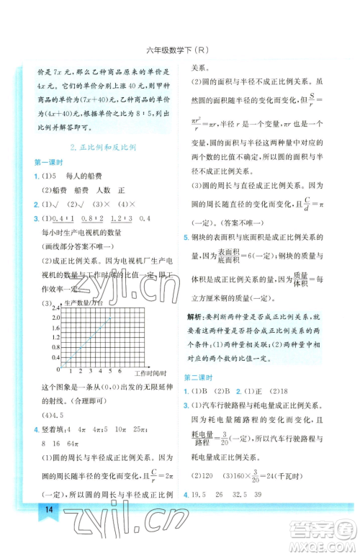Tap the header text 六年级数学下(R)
point(179,50)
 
